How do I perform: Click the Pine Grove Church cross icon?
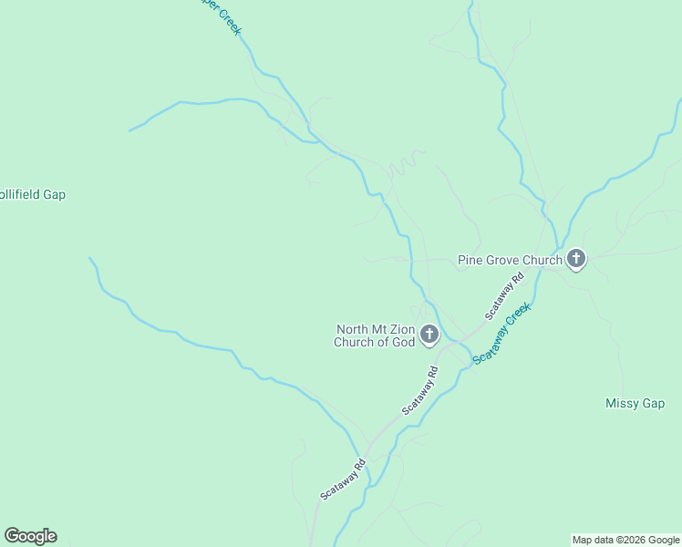pyautogui.click(x=575, y=260)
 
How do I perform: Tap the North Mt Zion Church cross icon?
pyautogui.click(x=429, y=336)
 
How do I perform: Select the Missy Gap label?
pyautogui.click(x=635, y=403)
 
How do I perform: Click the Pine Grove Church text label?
pyautogui.click(x=510, y=261)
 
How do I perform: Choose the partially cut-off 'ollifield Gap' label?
pyautogui.click(x=33, y=194)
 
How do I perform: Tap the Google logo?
pyautogui.click(x=30, y=536)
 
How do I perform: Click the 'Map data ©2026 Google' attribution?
pyautogui.click(x=625, y=540)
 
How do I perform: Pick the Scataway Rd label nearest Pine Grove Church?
pyautogui.click(x=504, y=296)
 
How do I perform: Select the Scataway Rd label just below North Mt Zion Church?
pyautogui.click(x=420, y=391)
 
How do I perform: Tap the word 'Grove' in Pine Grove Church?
pyautogui.click(x=501, y=261)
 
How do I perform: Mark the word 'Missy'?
pyautogui.click(x=622, y=403)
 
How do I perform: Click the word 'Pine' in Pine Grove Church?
pyautogui.click(x=469, y=261)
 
